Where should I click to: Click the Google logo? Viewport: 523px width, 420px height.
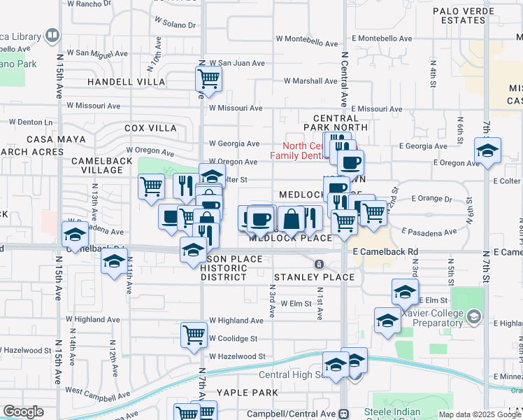coord(24,412)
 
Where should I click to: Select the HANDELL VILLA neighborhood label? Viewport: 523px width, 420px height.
coord(126,82)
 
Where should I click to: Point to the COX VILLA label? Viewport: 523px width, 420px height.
coord(150,128)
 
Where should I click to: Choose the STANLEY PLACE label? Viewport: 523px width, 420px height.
coord(313,277)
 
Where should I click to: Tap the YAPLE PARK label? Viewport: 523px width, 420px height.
coord(247,393)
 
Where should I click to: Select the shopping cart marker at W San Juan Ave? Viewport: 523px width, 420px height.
coord(208,78)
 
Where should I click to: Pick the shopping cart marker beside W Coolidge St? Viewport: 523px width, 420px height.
coord(194,333)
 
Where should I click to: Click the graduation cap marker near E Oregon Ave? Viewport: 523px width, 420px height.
coord(487,150)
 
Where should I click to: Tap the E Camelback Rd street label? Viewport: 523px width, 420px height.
coord(385,251)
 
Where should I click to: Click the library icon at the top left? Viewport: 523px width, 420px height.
coord(51,35)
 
